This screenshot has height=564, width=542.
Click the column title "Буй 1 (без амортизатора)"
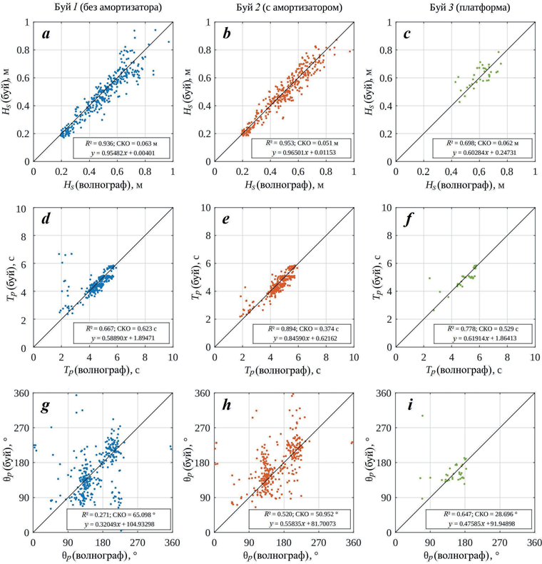[x=104, y=8]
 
